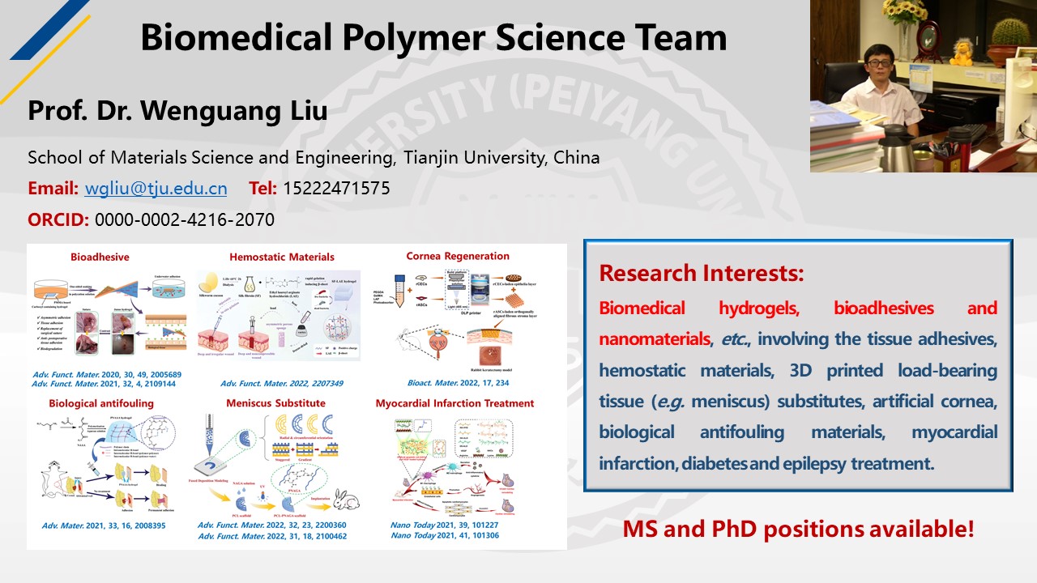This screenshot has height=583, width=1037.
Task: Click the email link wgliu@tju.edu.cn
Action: (x=156, y=189)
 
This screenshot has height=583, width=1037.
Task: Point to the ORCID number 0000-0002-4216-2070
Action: (x=185, y=219)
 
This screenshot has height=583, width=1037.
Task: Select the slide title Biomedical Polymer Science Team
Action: (x=433, y=37)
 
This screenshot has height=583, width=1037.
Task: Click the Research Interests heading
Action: (x=702, y=273)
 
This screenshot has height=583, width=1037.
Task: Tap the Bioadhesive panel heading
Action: (x=100, y=257)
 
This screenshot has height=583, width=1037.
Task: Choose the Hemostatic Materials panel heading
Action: (x=282, y=257)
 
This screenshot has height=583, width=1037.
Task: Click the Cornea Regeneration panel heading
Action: (x=458, y=256)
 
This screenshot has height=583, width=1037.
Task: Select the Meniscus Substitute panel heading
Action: (x=276, y=402)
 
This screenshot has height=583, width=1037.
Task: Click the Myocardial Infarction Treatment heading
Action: (x=454, y=402)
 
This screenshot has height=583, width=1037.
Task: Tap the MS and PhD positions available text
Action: (x=798, y=530)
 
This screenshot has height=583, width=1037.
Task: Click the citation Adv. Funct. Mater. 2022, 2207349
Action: (x=275, y=382)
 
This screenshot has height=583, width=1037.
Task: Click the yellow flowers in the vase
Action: (x=904, y=11)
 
